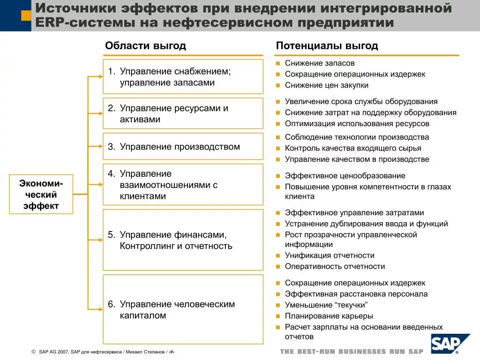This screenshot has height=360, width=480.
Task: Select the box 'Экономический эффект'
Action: click(x=41, y=195)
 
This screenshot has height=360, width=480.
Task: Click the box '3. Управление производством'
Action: click(x=183, y=147)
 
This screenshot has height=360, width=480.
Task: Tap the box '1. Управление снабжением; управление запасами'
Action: click(x=183, y=77)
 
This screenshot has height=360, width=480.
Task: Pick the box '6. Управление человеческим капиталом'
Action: click(x=183, y=309)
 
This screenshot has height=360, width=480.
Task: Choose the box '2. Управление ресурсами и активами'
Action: click(x=183, y=113)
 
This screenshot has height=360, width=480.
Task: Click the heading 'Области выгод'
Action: click(x=145, y=45)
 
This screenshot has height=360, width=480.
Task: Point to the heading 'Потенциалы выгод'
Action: click(x=327, y=45)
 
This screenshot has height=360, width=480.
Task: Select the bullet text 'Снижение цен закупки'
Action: click(x=326, y=85)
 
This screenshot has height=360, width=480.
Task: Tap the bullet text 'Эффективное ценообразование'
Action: click(x=345, y=176)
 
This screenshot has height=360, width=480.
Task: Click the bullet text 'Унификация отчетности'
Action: click(x=330, y=255)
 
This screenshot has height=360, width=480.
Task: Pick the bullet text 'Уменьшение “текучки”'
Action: click(x=326, y=305)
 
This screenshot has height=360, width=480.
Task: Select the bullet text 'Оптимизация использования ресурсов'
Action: click(x=357, y=124)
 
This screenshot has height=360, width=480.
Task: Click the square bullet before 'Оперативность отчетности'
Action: click(x=278, y=267)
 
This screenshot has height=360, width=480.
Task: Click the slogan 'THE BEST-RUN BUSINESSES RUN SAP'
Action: click(x=352, y=352)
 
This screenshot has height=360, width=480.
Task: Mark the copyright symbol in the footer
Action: click(x=33, y=352)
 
